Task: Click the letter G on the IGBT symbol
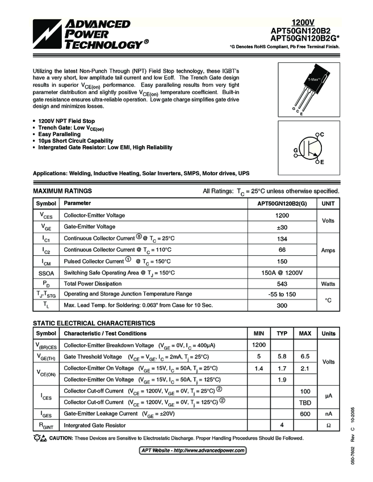[296, 150]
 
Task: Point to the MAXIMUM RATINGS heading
[62, 191]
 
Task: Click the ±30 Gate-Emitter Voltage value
[282, 227]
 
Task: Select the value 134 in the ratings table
[282, 238]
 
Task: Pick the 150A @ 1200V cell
[282, 273]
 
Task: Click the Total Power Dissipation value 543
[282, 284]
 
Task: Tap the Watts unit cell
[328, 284]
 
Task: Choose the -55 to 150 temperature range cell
[282, 294]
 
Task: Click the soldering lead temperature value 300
[282, 305]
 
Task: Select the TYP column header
[282, 333]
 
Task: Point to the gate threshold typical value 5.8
[282, 357]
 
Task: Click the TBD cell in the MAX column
[305, 402]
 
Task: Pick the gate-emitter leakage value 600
[305, 414]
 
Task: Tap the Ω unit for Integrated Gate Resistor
[328, 425]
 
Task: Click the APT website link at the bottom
[193, 450]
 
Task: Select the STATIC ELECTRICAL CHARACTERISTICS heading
[94, 323]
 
